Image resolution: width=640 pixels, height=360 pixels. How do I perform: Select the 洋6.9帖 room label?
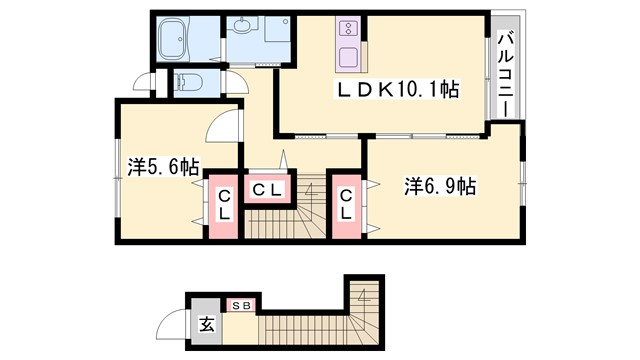[439, 186]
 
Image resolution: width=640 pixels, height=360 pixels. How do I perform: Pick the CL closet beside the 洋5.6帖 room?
[225, 205]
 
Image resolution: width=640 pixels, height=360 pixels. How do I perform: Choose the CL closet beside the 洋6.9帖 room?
[346, 205]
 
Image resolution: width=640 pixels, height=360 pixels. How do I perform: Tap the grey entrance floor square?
[206, 323]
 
